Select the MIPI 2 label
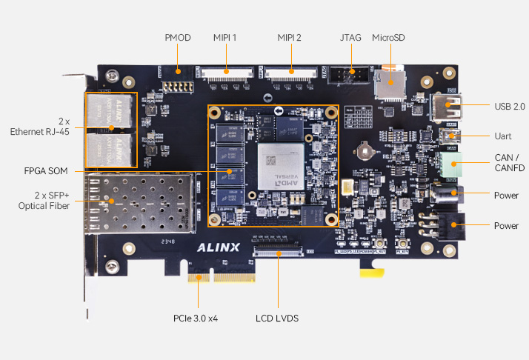pos(290,37)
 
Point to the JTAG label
pos(351,37)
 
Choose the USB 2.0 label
pos(509,106)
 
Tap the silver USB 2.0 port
pos(448,108)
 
